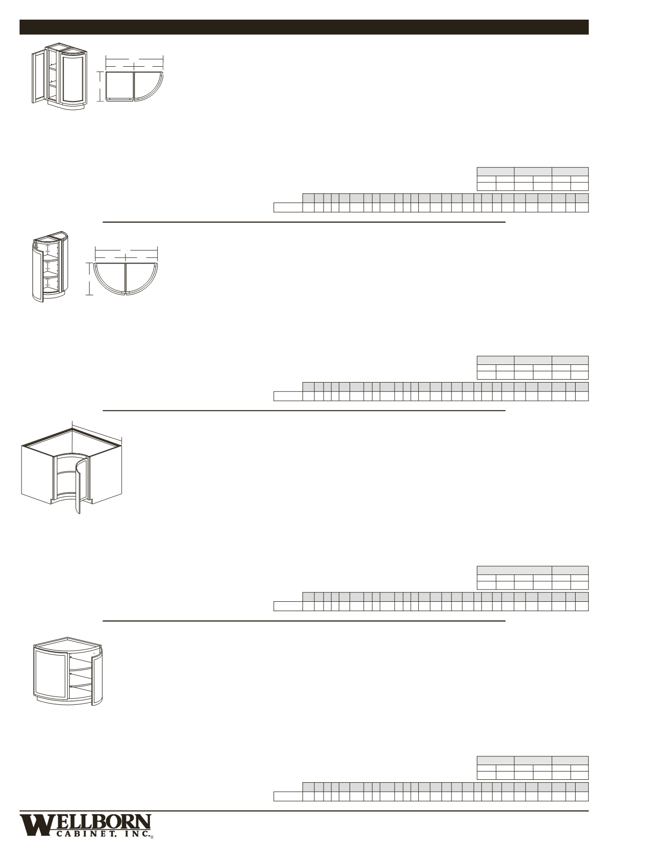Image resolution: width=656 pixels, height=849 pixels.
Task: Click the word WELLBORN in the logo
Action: click(86, 822)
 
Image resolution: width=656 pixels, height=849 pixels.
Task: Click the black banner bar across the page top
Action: click(304, 27)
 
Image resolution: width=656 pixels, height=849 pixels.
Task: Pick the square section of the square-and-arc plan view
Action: click(120, 85)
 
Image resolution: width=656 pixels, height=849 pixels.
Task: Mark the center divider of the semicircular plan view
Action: click(126, 278)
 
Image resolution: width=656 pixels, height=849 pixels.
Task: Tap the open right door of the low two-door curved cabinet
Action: click(97, 676)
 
